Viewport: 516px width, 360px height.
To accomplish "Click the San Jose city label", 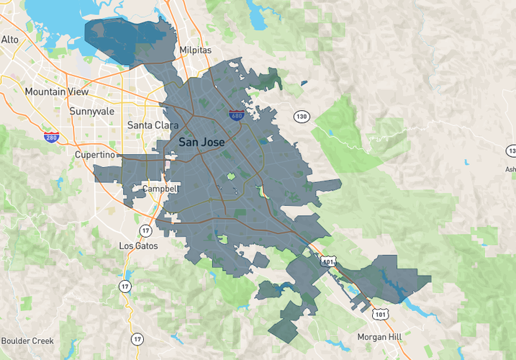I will (201, 143).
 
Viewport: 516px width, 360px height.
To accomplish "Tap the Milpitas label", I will (196, 50).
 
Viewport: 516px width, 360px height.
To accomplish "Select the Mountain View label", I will (56, 92).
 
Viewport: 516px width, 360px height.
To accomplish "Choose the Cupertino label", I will (95, 155).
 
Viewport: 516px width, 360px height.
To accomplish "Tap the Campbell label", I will (159, 189).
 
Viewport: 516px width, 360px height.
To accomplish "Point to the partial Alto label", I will (9, 40).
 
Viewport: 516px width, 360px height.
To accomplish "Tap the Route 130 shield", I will (301, 117).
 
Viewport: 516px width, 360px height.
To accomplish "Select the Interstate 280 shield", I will (50, 138).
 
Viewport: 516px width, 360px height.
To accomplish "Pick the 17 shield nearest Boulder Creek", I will (137, 338).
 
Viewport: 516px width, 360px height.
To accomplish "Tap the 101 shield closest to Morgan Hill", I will (380, 313).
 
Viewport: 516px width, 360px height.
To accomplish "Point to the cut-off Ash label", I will (510, 170).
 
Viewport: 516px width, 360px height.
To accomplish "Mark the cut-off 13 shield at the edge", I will (511, 150).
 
